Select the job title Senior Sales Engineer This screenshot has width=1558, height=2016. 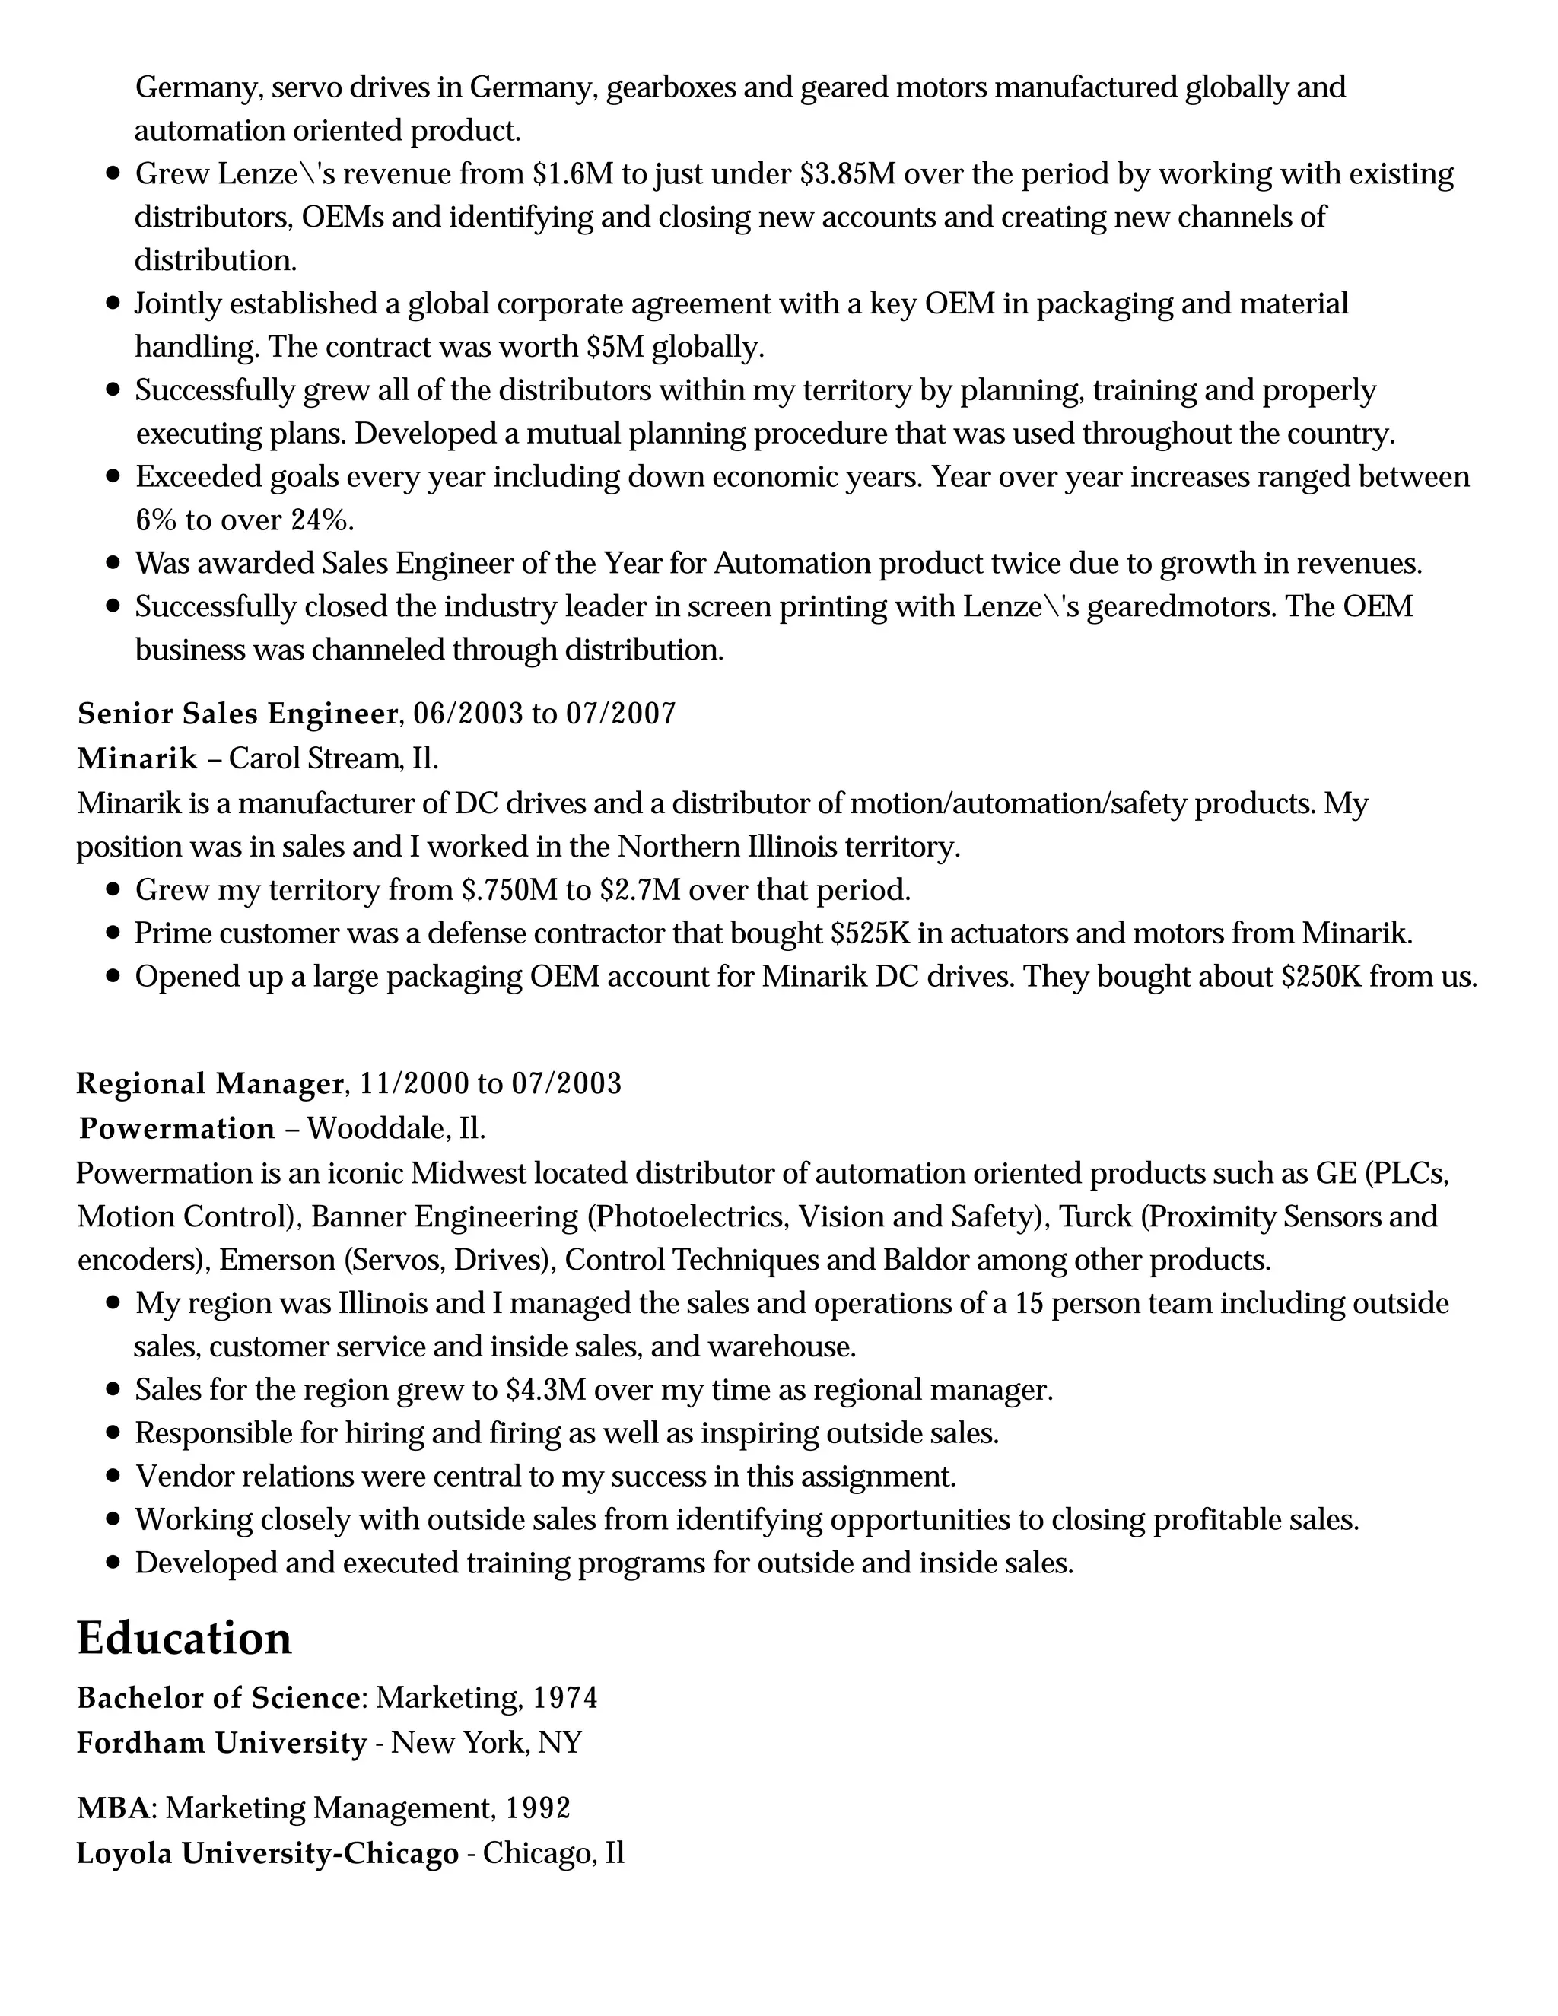coord(237,714)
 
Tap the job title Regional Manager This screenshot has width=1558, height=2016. coord(209,1083)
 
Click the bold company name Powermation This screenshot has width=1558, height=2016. coord(177,1128)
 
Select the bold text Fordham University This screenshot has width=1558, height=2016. coord(221,1743)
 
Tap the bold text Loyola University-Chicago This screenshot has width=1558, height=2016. coord(267,1852)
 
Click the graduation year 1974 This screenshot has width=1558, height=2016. coord(565,1697)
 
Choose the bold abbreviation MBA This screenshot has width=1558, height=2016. coord(113,1808)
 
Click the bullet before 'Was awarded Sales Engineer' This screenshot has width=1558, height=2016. coord(113,562)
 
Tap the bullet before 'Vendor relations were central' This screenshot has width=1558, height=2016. coord(113,1476)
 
